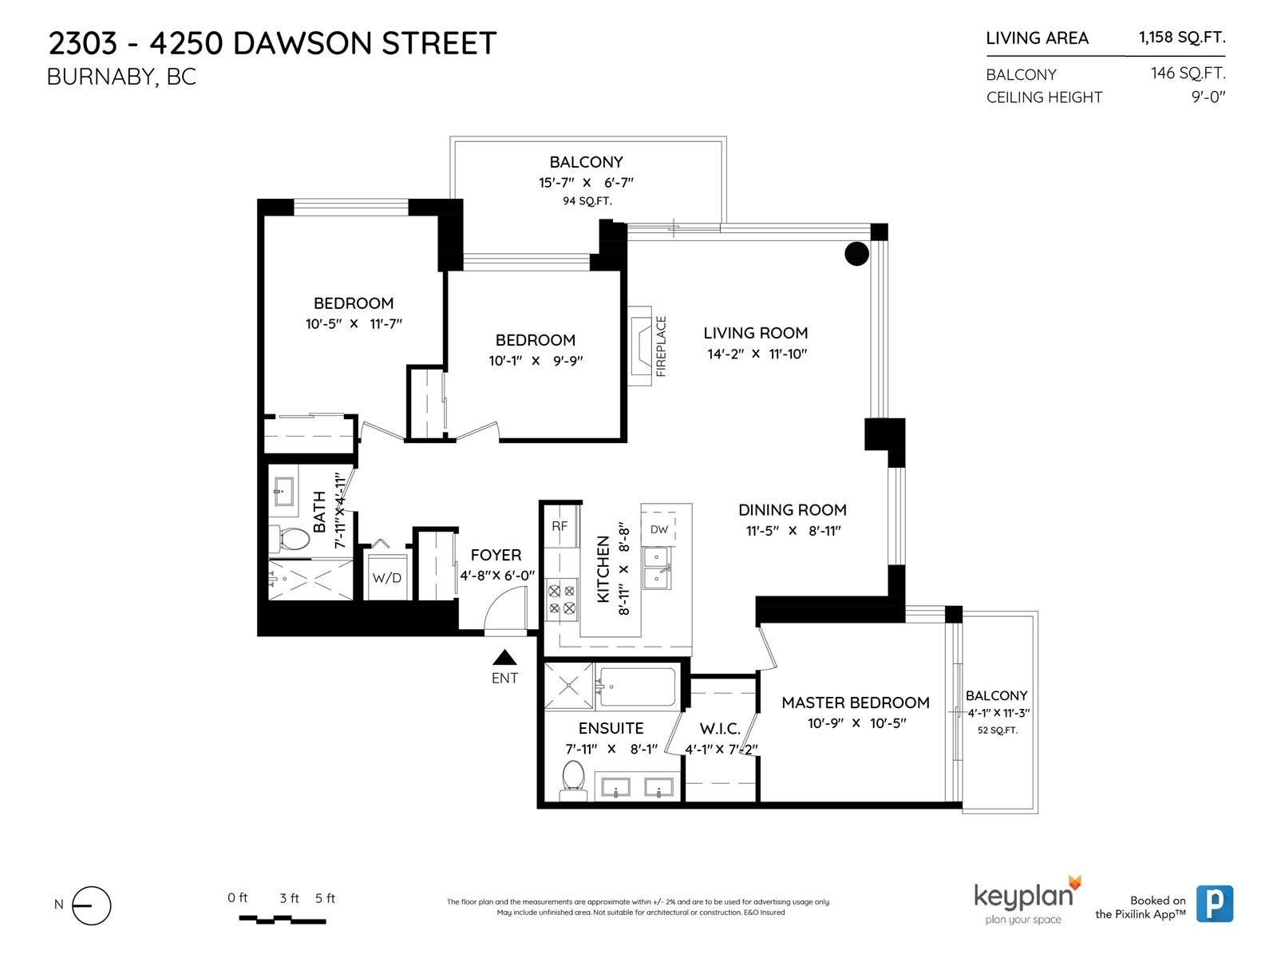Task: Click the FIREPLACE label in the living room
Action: [661, 346]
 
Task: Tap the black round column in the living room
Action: [856, 254]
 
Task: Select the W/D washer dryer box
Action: [387, 576]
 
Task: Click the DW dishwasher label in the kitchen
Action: [658, 529]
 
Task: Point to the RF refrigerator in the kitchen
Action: [559, 526]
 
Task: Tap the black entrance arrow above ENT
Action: [504, 657]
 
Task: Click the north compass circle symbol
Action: [91, 905]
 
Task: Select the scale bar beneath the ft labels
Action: [283, 920]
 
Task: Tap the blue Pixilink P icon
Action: [1214, 904]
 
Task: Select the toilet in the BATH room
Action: [291, 539]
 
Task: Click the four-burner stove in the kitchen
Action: [561, 600]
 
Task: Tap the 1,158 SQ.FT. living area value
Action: [1181, 38]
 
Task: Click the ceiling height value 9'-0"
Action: [1208, 97]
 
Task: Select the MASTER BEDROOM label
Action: [856, 703]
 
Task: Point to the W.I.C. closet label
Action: [720, 729]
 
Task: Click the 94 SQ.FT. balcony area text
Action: [587, 201]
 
